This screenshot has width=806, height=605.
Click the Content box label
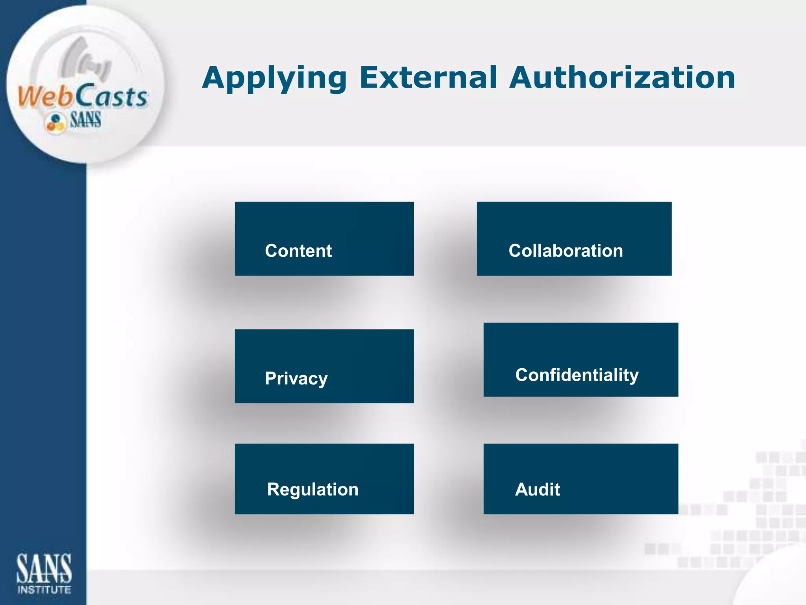click(298, 251)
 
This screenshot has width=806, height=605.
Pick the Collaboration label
click(566, 251)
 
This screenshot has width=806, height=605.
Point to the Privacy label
click(296, 379)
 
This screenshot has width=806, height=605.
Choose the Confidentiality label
click(577, 375)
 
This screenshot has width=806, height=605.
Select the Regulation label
click(312, 490)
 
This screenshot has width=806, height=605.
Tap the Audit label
click(537, 490)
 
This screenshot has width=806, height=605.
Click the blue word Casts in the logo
click(111, 97)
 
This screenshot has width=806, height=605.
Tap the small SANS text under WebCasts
click(85, 120)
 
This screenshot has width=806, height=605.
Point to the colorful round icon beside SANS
click(55, 122)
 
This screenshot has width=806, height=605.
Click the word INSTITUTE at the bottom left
click(44, 590)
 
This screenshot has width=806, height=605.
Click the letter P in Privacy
click(271, 379)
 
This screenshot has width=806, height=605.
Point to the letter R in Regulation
click(273, 490)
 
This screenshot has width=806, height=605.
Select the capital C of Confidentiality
click(523, 375)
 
